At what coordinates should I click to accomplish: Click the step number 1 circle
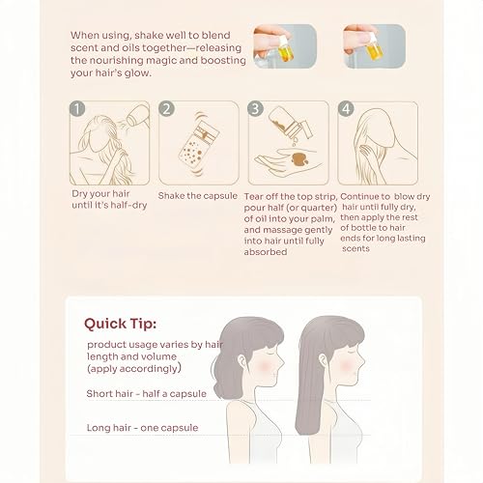[x=77, y=109]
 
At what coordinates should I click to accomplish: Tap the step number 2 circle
[x=166, y=109]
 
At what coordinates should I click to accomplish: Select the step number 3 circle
[x=255, y=109]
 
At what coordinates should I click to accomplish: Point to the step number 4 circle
[x=346, y=109]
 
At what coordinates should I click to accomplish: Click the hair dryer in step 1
[x=138, y=116]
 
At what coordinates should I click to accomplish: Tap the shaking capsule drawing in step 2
[x=199, y=143]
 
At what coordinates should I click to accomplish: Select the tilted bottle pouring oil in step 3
[x=289, y=124]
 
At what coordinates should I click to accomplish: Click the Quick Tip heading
[x=121, y=324]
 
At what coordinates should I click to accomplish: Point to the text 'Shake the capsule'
[x=198, y=196]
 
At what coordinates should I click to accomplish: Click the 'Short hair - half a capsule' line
[x=147, y=393]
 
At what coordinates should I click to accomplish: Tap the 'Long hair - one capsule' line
[x=142, y=428]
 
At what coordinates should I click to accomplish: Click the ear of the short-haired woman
[x=242, y=361]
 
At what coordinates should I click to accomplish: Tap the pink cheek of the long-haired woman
[x=346, y=365]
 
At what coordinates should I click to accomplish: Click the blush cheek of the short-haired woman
[x=265, y=365]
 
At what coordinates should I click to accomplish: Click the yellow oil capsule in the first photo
[x=285, y=51]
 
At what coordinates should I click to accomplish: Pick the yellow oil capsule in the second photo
[x=374, y=51]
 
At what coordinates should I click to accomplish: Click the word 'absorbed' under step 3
[x=266, y=252]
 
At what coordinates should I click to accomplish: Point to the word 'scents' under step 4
[x=355, y=248]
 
